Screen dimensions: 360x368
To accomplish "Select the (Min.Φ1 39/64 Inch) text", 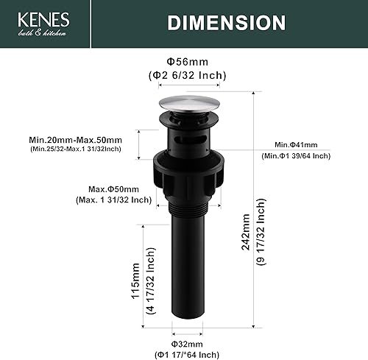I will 295,156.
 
